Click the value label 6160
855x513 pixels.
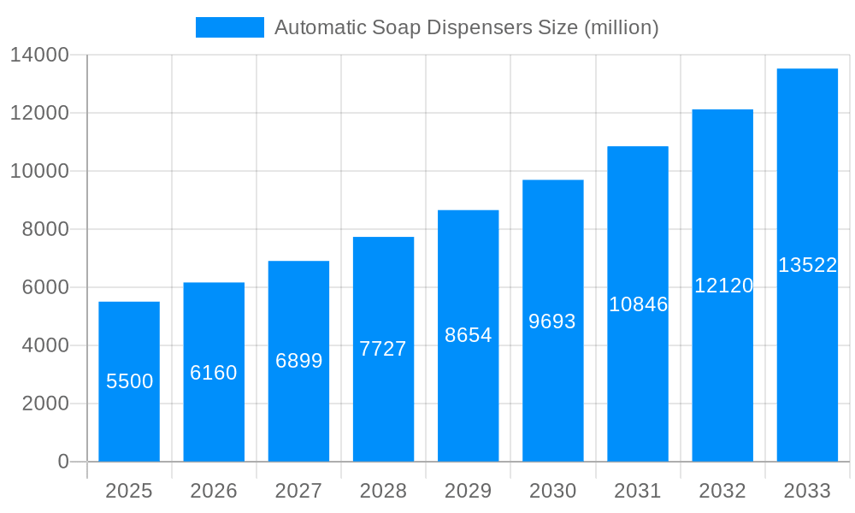pos(214,373)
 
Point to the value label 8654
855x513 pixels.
pos(469,335)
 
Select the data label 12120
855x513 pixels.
pos(723,286)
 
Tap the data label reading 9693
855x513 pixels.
pos(552,321)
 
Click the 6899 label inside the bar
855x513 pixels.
pos(299,361)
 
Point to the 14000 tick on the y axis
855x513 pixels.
pos(39,56)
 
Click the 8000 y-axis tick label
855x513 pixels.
pos(45,229)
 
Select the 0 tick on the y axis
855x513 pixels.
pos(63,462)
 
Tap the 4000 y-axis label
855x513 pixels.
pos(45,345)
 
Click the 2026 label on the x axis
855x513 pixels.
pos(214,491)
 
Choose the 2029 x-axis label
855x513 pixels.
pos(469,491)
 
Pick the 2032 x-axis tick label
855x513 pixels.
pos(722,491)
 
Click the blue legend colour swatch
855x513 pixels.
pos(230,27)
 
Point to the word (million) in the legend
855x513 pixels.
pos(621,27)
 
